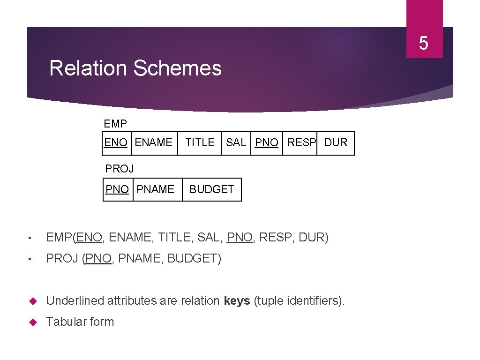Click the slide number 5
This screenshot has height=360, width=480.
pyautogui.click(x=424, y=44)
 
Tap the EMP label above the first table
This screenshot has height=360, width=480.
pyautogui.click(x=115, y=124)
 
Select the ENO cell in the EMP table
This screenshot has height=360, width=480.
pyautogui.click(x=116, y=142)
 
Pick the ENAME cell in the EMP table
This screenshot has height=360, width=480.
pyautogui.click(x=153, y=142)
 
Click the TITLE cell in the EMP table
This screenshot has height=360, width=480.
pyautogui.click(x=200, y=142)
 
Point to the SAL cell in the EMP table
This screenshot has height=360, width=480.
pyautogui.click(x=236, y=142)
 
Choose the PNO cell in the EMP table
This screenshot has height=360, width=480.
pyautogui.click(x=267, y=142)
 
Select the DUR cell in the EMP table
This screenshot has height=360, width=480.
pyautogui.click(x=336, y=142)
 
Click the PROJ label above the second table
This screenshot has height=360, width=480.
pyautogui.click(x=120, y=168)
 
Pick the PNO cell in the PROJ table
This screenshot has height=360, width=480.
pyautogui.click(x=117, y=189)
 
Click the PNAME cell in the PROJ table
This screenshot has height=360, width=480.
pyautogui.click(x=155, y=189)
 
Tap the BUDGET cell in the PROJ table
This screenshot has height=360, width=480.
pyautogui.click(x=211, y=189)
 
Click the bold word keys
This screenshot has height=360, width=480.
pyautogui.click(x=237, y=300)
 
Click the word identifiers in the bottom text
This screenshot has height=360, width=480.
pyautogui.click(x=311, y=300)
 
